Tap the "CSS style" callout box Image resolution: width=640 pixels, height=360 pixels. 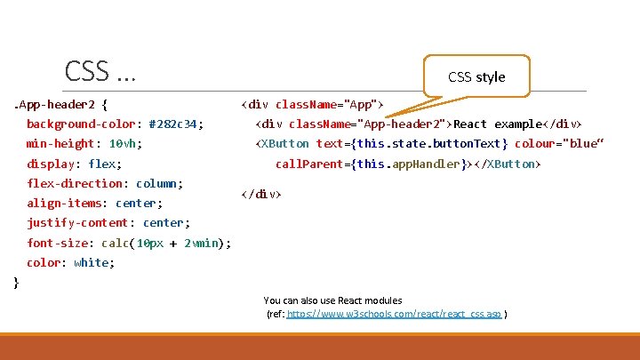pos(476,76)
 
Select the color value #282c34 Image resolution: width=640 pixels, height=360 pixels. pos(175,124)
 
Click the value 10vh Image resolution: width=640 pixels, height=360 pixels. pos(125,143)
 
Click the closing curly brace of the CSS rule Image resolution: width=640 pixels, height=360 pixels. pos(16,283)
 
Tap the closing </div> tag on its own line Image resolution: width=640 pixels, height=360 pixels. pos(261,193)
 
